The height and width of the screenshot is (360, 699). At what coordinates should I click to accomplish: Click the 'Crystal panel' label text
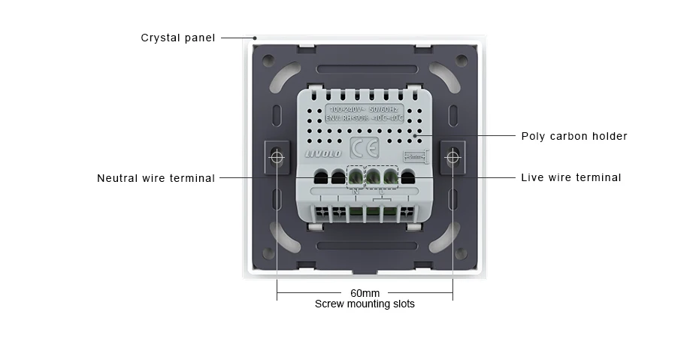click(x=178, y=38)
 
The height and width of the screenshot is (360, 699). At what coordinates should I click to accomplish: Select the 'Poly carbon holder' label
click(x=574, y=136)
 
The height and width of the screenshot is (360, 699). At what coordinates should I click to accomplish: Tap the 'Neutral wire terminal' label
click(x=156, y=178)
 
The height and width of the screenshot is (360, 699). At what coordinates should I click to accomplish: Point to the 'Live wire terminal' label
click(x=571, y=178)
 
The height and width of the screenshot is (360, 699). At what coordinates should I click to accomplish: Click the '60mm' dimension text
click(x=365, y=293)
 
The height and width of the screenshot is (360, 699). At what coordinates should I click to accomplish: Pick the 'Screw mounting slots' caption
click(x=365, y=304)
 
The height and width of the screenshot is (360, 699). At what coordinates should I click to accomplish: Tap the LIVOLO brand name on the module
click(x=322, y=153)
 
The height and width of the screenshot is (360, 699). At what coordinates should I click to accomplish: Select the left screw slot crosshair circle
click(x=277, y=158)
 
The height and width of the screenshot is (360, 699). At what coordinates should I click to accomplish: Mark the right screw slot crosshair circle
click(x=452, y=158)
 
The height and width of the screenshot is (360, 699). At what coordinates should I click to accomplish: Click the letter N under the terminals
click(x=356, y=192)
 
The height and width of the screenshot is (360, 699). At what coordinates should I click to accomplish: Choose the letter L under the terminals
click(x=381, y=192)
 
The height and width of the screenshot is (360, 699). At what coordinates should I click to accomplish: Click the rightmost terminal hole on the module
click(x=408, y=177)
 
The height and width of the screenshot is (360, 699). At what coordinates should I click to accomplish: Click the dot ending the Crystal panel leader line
click(x=255, y=38)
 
